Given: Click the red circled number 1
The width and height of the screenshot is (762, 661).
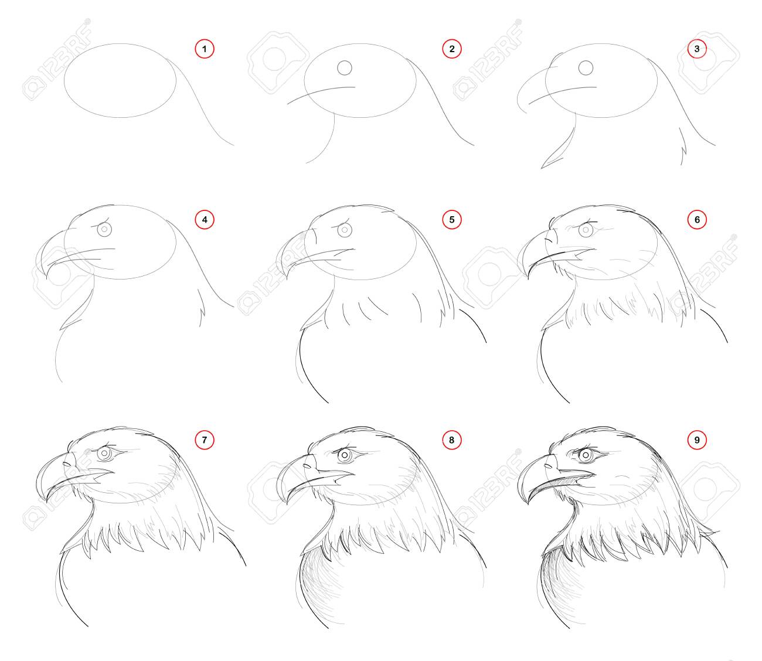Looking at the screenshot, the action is (x=205, y=49).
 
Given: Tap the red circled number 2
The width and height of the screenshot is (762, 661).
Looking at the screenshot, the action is (x=452, y=49).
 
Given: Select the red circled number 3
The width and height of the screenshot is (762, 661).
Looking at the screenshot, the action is (x=697, y=49).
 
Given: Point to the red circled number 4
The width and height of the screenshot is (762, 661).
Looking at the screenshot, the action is (x=205, y=220).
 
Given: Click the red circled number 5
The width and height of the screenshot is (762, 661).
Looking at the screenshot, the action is (x=452, y=220).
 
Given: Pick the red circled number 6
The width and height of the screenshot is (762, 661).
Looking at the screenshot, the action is (x=697, y=220).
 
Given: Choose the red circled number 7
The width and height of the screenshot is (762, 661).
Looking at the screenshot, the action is (x=205, y=440).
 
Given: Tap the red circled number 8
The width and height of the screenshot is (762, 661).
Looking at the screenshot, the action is (x=452, y=440).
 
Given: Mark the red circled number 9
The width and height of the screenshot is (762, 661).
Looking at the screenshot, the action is (x=697, y=440).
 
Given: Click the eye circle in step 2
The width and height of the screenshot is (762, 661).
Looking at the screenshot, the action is (x=345, y=68).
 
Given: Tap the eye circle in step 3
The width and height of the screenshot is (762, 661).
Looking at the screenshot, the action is (x=586, y=68).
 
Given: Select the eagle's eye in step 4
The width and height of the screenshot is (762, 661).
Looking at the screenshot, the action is (x=104, y=229).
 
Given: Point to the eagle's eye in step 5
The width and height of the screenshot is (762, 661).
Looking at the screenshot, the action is (x=345, y=230).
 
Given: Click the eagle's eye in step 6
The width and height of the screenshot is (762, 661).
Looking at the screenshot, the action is (x=586, y=230).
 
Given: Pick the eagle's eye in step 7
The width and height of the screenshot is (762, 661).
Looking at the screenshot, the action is (x=104, y=454).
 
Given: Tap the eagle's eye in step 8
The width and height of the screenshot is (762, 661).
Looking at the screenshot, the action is (x=345, y=455).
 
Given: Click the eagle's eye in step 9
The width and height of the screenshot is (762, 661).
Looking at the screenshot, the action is (x=586, y=455).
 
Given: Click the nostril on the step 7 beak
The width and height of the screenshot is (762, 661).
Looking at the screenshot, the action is (x=66, y=465).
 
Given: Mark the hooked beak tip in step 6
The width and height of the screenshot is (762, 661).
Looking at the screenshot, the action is (x=528, y=277).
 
